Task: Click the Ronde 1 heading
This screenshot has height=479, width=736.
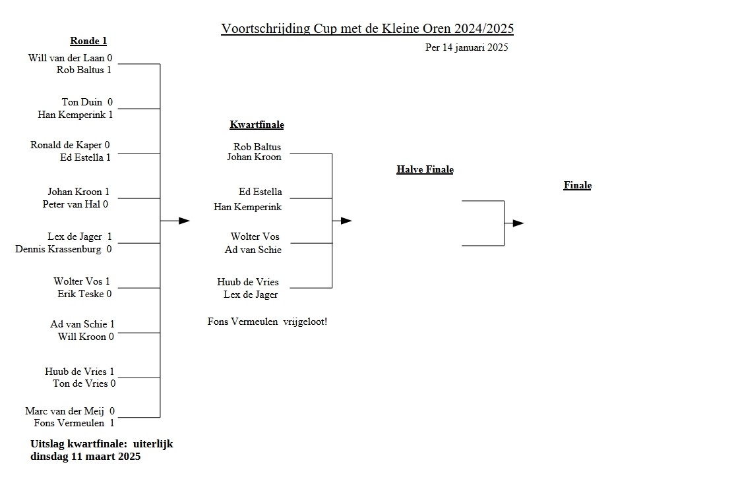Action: (88, 41)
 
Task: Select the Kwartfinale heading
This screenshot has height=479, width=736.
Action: (257, 125)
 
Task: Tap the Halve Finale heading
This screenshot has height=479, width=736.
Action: (425, 169)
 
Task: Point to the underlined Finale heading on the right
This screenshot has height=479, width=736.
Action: (577, 185)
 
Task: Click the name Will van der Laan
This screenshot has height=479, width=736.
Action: (66, 58)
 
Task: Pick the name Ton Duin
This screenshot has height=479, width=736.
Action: (82, 102)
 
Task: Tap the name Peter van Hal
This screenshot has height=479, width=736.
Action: (71, 204)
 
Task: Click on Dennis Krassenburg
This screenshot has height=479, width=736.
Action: (58, 249)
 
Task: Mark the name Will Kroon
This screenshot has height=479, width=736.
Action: (82, 337)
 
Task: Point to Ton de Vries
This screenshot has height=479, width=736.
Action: (80, 383)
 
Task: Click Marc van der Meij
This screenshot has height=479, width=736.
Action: (65, 411)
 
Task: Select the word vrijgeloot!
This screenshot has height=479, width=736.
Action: (305, 322)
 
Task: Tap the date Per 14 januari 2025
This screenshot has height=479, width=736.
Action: (466, 47)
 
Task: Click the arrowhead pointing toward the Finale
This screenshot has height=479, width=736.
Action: (518, 223)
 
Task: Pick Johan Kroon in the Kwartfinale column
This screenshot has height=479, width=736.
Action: (254, 157)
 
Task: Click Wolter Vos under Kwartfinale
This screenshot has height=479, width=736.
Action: (255, 237)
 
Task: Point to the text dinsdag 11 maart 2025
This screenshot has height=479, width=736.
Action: (85, 456)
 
